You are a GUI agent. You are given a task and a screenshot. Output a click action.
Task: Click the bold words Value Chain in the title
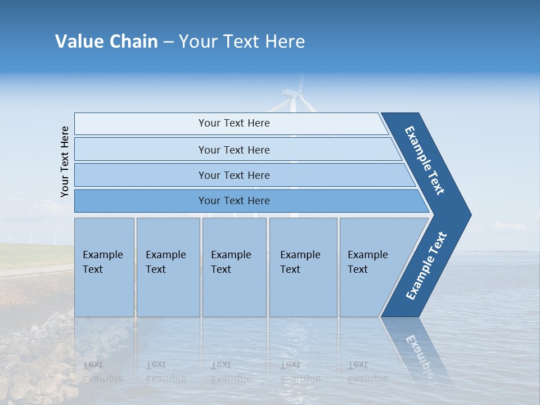[106, 42]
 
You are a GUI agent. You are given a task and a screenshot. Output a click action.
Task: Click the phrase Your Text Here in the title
[242, 42]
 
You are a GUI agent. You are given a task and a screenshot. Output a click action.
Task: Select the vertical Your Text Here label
[65, 161]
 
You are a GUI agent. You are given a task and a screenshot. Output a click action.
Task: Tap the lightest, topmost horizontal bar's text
[234, 123]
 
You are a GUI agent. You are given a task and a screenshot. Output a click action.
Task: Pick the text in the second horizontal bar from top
[234, 150]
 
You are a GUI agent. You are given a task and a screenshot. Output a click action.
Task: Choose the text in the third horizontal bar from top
[234, 175]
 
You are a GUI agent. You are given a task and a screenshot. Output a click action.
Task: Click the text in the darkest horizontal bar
[234, 201]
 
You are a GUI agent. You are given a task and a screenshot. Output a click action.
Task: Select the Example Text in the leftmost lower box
[102, 262]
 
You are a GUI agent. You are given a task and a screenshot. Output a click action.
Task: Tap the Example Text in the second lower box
[165, 262]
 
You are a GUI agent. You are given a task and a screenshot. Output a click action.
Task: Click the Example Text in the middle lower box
[231, 262]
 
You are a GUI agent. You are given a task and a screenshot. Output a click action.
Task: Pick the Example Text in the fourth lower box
[300, 262]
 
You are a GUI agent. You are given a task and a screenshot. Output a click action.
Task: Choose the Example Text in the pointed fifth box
[367, 262]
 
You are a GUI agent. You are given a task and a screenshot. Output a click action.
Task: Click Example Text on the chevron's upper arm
[425, 160]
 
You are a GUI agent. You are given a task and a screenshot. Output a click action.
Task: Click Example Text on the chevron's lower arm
[426, 266]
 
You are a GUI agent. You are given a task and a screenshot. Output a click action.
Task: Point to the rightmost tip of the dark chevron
[470, 215]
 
